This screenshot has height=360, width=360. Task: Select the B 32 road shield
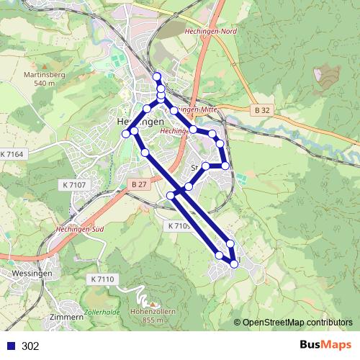coord(263,109)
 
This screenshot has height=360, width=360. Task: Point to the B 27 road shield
coord(139,185)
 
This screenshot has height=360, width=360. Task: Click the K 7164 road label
coord(12,155)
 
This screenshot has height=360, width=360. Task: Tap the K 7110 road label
coord(104,279)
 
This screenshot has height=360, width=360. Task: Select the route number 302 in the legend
coord(30,346)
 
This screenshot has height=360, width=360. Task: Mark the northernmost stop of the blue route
coord(157,76)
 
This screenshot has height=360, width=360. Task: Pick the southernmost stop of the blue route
coord(234,265)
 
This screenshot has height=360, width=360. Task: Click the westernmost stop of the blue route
coord(126,134)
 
